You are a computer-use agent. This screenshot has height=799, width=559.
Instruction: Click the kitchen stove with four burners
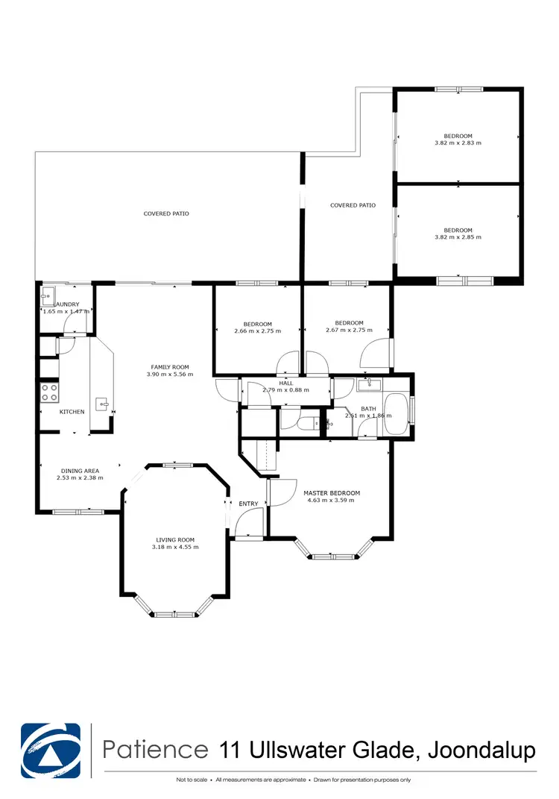[x=49, y=392]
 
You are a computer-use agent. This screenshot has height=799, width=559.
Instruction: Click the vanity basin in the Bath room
[x=369, y=384]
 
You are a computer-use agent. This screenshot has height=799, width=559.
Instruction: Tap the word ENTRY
[x=248, y=504]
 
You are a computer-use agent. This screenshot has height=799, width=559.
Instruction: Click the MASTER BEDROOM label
[x=332, y=493]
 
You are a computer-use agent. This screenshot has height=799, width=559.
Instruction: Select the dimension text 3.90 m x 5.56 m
[x=170, y=375]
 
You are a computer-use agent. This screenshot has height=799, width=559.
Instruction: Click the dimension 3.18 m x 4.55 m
[x=175, y=547]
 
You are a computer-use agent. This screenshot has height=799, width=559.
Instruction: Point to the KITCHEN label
[x=72, y=412]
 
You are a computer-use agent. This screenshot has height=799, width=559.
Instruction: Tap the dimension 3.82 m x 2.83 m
[x=458, y=142]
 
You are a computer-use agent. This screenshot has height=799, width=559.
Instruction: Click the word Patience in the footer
[x=156, y=749]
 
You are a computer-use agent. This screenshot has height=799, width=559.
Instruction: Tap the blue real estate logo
[x=51, y=749]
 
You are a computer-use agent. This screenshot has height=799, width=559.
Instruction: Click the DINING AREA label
[x=80, y=471]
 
